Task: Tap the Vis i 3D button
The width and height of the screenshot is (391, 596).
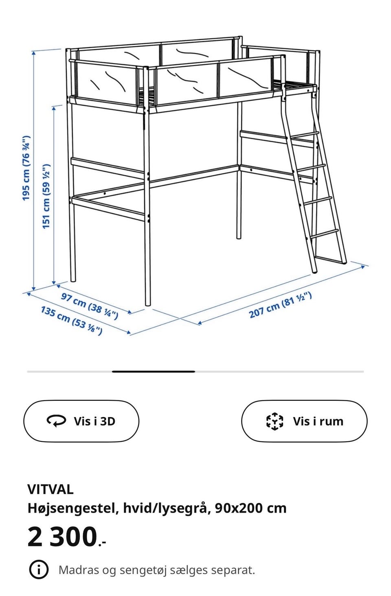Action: click(81, 421)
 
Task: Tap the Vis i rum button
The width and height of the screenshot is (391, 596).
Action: click(304, 421)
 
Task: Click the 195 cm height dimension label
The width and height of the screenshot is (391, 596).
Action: click(26, 168)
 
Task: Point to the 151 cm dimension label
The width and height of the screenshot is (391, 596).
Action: click(46, 196)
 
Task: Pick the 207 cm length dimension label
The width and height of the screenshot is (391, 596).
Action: click(280, 305)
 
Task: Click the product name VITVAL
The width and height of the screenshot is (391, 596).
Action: click(51, 489)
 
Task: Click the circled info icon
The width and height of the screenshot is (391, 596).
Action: click(39, 570)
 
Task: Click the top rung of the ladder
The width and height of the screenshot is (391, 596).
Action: click(305, 135)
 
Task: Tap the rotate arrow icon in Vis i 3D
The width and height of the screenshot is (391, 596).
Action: click(56, 421)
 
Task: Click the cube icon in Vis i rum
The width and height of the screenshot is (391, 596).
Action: click(275, 421)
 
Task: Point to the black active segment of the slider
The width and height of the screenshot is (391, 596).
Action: click(154, 371)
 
